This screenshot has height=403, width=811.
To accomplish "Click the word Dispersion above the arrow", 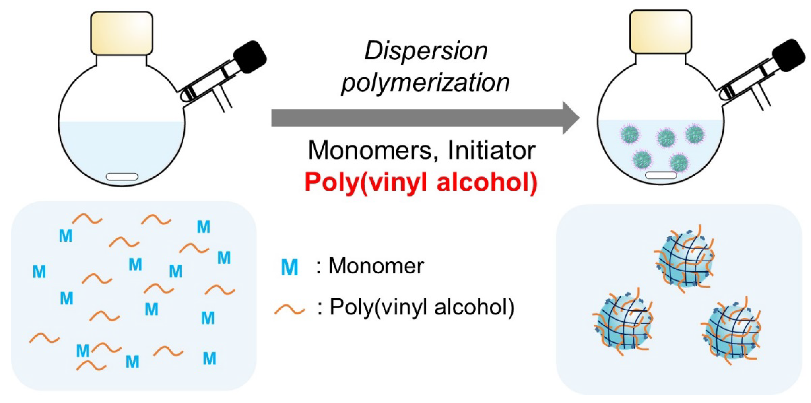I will (426, 51).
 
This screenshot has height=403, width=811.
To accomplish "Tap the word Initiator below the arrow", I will (492, 150).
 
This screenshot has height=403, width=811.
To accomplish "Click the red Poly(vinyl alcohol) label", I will (421, 182).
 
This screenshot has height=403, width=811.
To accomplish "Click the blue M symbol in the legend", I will (289, 268).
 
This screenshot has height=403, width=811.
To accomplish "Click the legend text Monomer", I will (376, 266).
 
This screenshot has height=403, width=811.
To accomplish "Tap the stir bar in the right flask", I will (661, 175).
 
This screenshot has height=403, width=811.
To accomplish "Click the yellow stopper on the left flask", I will (122, 33).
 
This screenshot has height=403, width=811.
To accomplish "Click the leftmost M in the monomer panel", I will (39, 271).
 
